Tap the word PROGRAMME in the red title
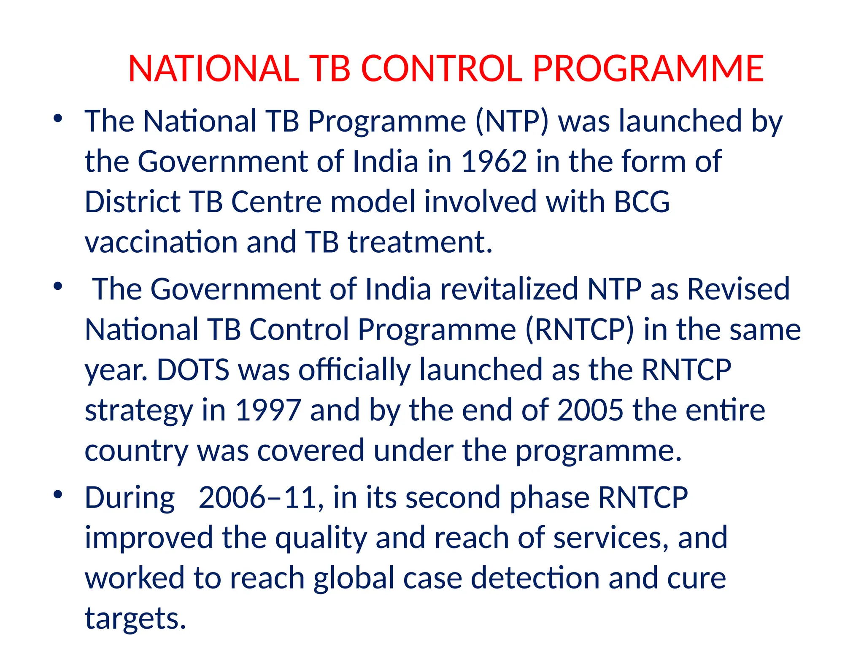pyautogui.click(x=648, y=69)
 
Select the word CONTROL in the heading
pyautogui.click(x=441, y=69)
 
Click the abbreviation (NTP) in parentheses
pyautogui.click(x=512, y=121)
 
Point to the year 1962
pyautogui.click(x=494, y=162)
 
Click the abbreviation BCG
pyautogui.click(x=641, y=202)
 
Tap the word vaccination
pyautogui.click(x=161, y=242)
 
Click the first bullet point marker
pyautogui.click(x=58, y=119)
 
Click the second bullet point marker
pyautogui.click(x=58, y=286)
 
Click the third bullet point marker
pyautogui.click(x=58, y=494)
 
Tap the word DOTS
pyautogui.click(x=193, y=370)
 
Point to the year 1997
pyautogui.click(x=268, y=410)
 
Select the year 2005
pyautogui.click(x=590, y=410)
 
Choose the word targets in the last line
pyautogui.click(x=135, y=618)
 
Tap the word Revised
pyautogui.click(x=738, y=289)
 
